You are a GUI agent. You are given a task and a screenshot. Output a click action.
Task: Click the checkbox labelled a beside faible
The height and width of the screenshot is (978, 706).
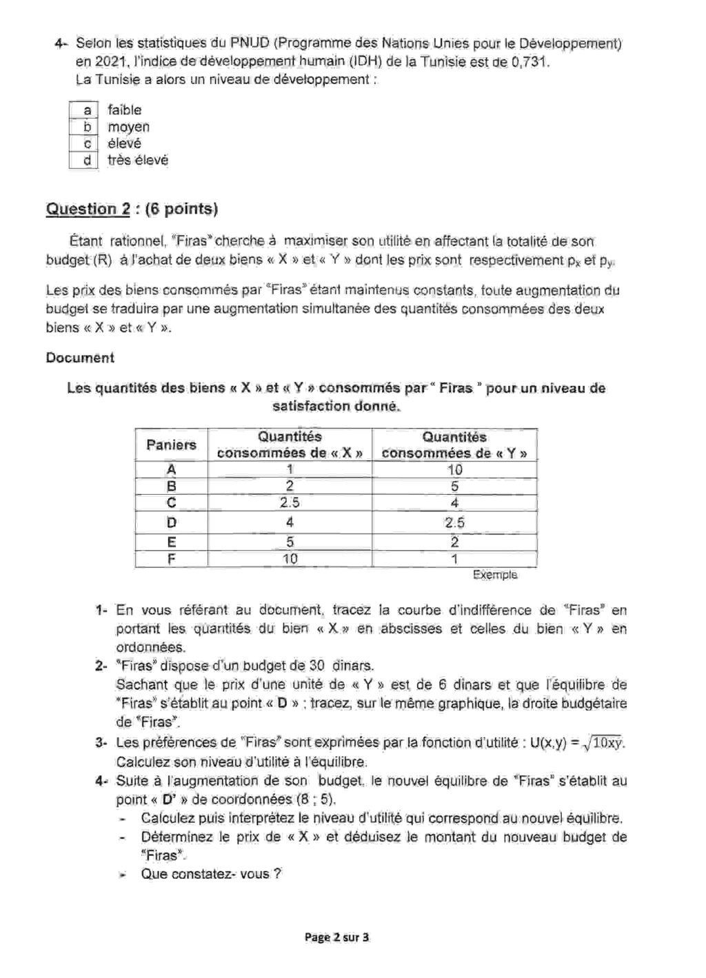pos(85,110)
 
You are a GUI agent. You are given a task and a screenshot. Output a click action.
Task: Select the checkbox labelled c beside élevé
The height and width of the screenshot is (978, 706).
pos(85,143)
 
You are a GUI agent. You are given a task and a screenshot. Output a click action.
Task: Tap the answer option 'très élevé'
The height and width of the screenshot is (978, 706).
pos(138,161)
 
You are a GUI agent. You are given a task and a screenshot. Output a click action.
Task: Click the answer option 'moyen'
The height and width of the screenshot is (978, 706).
pos(128,127)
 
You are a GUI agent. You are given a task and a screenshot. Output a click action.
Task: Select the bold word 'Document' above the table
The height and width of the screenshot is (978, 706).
pos(80,358)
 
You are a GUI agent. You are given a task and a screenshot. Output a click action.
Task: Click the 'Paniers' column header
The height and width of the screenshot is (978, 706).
pos(171,445)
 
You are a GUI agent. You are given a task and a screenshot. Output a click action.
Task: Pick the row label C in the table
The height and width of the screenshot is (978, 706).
pos(171,502)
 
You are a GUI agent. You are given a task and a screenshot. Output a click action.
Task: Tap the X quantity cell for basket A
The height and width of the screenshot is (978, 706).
pos(290,469)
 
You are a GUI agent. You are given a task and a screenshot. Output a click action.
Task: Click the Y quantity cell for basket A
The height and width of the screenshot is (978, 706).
pos(454,470)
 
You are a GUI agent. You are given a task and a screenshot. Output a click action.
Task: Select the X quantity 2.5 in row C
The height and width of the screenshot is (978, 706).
pos(290,502)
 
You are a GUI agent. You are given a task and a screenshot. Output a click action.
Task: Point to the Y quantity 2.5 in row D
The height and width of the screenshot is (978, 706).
pos(454,522)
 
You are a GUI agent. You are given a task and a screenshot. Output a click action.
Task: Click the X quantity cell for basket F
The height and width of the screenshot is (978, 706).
pos(290,559)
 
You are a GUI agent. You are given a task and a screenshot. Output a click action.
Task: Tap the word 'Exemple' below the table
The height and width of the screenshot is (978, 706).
pos(494,574)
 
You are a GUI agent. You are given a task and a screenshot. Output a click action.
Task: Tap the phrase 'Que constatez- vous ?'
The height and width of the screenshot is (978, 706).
pos(211,873)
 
